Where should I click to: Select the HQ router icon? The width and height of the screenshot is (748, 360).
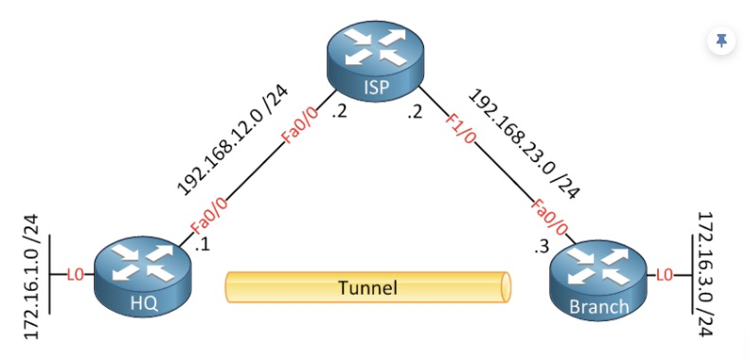pos(143,275)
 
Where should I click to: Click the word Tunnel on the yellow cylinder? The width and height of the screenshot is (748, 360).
pos(366,287)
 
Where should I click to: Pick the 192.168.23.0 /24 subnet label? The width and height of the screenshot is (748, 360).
pos(524,142)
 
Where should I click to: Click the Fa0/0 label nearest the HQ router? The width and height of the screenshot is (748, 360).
pos(209,215)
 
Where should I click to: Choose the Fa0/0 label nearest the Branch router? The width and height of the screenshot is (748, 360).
pos(549,214)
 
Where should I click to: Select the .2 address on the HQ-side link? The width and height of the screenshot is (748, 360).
pos(339,114)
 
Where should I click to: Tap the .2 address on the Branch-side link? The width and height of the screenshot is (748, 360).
pos(413,114)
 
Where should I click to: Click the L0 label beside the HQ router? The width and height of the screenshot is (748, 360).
pos(75,276)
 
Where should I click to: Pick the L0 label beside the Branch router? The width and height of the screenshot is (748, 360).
pos(666,276)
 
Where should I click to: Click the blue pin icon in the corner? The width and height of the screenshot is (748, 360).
pos(721,41)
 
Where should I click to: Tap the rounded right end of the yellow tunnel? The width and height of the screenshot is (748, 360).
pos(506,287)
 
